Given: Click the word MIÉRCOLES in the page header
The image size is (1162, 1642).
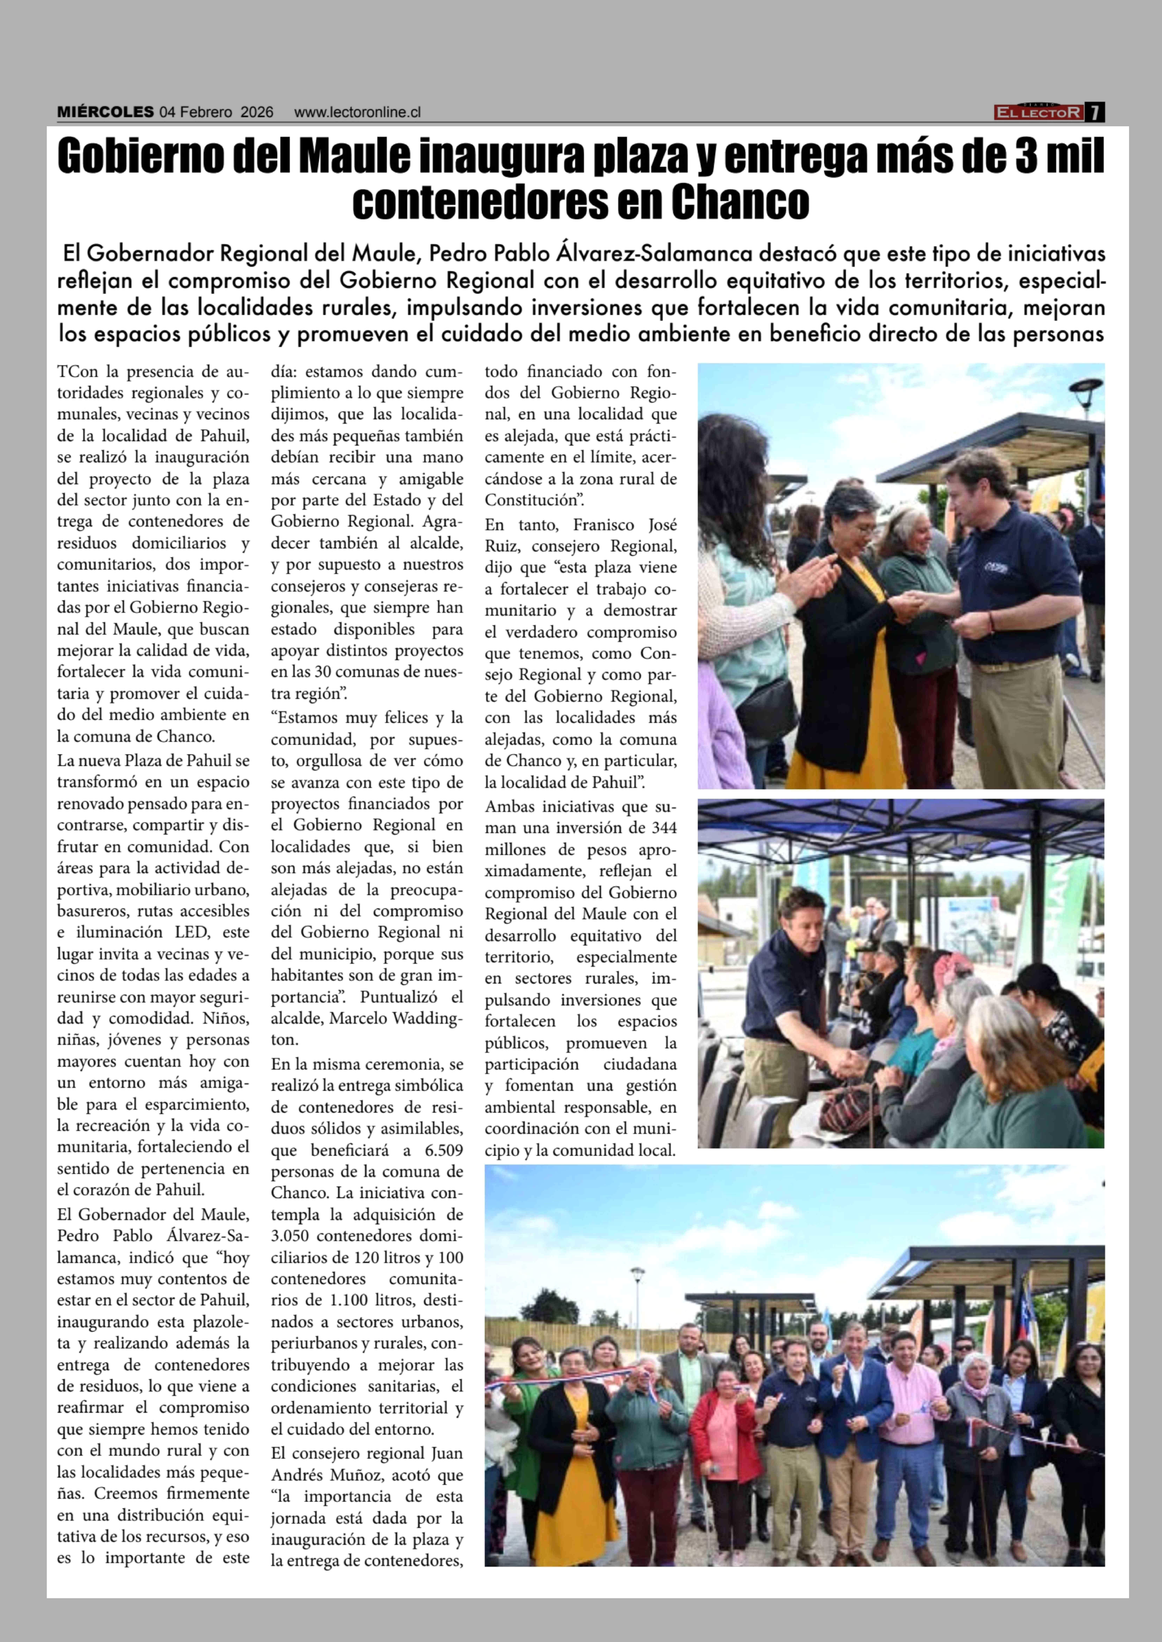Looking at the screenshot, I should pos(105,112).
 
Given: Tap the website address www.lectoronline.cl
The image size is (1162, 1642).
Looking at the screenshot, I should pos(357,112).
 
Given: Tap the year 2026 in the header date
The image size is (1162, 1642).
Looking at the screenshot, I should pos(257,112).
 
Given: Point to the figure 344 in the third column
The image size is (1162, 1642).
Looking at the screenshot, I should pos(663,828).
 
